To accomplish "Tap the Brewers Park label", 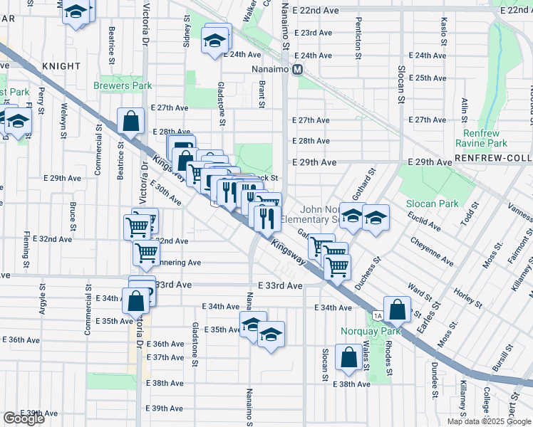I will [x=123, y=85].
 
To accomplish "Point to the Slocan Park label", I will [x=432, y=204].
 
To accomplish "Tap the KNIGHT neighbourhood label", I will [x=61, y=66].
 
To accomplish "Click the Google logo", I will [x=24, y=418].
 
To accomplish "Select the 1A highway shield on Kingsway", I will [x=377, y=315].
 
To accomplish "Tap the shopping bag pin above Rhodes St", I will [x=399, y=308].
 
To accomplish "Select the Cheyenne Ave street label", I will [x=432, y=252].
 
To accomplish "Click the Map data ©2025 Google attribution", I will [x=488, y=421].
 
